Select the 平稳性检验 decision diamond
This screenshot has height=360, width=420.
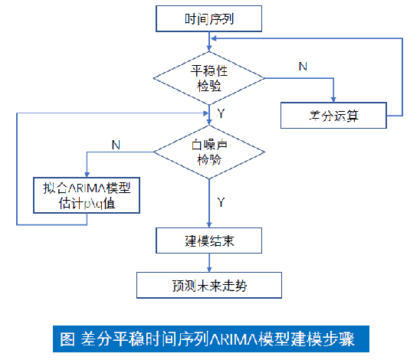coord(210,77)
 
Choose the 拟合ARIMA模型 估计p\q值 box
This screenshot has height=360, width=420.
coord(87,196)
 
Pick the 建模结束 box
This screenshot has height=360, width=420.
coord(210,241)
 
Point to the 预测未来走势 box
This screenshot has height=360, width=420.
coord(210,286)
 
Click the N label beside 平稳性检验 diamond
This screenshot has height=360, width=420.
coord(303,67)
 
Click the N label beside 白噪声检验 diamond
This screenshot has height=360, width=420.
coord(115,143)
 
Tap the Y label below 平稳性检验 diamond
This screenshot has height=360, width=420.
coord(221,113)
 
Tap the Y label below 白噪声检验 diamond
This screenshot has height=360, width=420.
coord(221,203)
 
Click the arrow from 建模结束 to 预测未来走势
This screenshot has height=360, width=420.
coord(210,262)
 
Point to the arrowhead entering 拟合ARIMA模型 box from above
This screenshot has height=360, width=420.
coord(87,175)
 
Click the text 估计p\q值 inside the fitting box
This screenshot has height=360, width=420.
coord(87,205)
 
